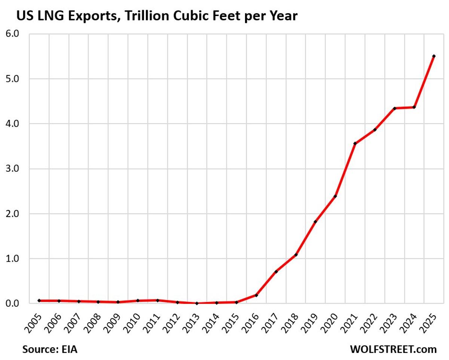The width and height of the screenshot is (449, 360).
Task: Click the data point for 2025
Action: [x=434, y=56]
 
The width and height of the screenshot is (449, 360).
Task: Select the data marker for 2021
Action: [x=355, y=143]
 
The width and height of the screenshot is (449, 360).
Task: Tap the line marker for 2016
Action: [x=256, y=295]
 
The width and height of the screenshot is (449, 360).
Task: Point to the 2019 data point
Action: [x=315, y=222]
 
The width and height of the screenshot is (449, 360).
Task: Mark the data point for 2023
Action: [x=394, y=108]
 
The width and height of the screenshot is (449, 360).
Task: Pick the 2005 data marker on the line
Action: [x=39, y=300]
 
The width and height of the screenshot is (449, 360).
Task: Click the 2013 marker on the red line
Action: [x=197, y=303]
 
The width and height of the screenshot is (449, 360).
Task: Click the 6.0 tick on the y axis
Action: [x=13, y=34]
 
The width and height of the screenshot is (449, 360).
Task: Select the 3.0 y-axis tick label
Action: [x=13, y=169]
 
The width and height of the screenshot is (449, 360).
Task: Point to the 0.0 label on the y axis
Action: [x=13, y=303]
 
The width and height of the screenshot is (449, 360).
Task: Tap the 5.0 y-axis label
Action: [x=13, y=79]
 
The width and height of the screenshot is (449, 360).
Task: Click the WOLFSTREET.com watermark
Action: [x=393, y=350]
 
